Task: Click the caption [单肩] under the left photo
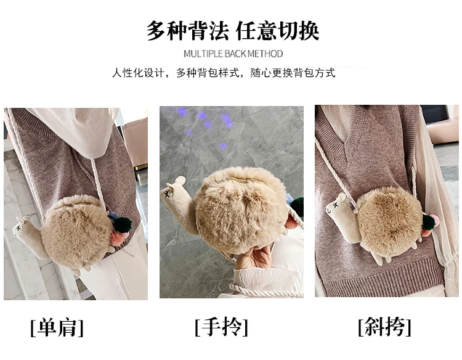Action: coord(57,327)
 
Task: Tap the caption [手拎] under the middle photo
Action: coord(221,327)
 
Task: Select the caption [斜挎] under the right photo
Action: coord(384,326)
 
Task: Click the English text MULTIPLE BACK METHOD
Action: coord(233,54)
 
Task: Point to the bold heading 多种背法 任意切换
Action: coord(233,30)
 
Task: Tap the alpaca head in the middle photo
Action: coord(174,190)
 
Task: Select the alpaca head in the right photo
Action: coord(336,206)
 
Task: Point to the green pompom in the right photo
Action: coord(428,221)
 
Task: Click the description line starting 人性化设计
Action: coord(224,73)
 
